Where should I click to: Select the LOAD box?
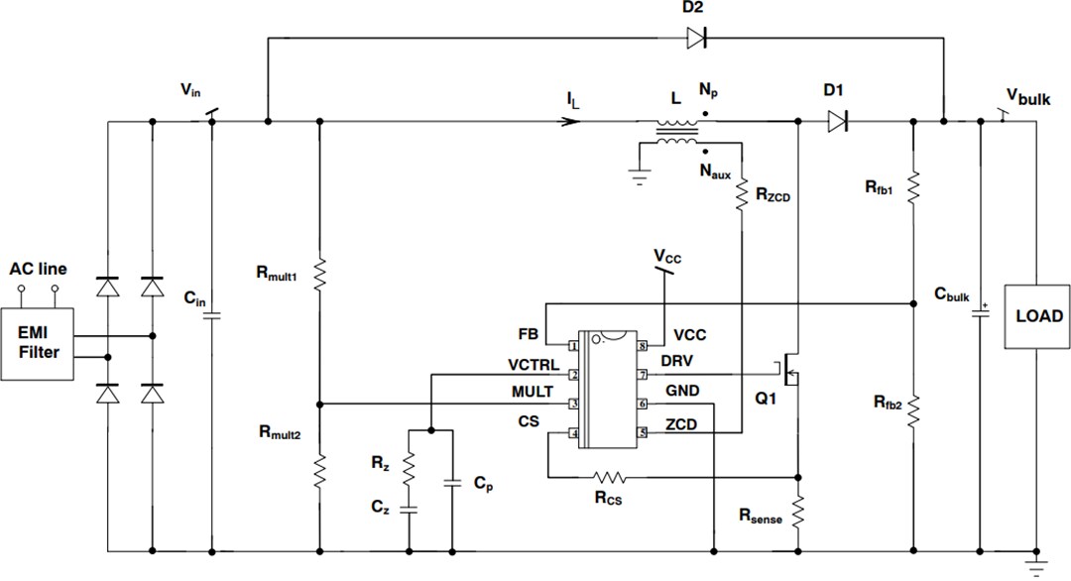point(1037,317)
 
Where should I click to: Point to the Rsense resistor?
point(798,514)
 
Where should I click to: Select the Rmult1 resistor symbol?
point(319,275)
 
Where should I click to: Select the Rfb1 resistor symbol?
point(912,185)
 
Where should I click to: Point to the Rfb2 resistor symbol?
point(912,409)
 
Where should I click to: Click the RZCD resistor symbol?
point(742,195)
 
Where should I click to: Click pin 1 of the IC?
point(573,346)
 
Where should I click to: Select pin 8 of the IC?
point(643,346)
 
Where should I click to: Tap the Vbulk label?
point(1027,95)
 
